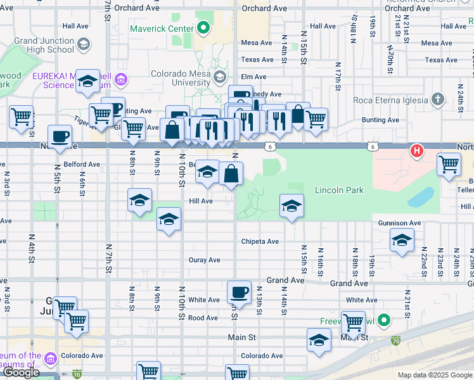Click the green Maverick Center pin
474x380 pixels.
click(203, 28)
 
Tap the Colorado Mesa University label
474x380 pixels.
click(181, 78)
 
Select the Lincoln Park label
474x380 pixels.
click(339, 190)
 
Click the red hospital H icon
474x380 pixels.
click(417, 151)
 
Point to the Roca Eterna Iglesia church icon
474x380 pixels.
click(437, 99)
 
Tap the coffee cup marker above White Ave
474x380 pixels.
click(239, 293)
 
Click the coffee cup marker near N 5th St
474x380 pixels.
click(60, 136)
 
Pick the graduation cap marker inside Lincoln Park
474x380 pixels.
click(291, 206)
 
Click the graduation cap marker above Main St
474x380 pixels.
click(319, 340)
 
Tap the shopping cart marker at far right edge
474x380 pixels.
click(449, 164)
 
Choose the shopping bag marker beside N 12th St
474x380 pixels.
click(231, 173)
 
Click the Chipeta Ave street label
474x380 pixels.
click(260, 241)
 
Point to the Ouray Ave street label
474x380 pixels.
click(204, 260)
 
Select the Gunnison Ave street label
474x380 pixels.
click(399, 223)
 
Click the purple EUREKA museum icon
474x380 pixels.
click(121, 80)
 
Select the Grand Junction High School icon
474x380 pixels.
click(84, 45)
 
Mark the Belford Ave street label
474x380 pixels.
click(81, 164)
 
